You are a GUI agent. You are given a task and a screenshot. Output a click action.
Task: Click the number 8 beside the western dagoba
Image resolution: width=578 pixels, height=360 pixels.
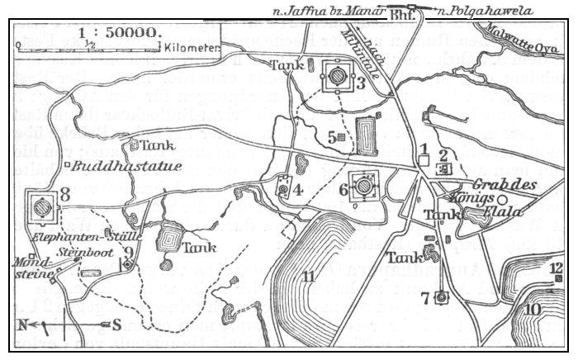pos(65,195)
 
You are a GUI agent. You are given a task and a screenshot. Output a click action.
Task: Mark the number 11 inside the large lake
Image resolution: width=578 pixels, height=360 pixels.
pos(308,277)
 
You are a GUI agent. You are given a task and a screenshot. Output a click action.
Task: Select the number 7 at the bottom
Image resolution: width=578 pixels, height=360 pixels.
pos(424,297)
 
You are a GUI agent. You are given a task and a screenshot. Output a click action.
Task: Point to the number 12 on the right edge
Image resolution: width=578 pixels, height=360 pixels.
pos(557,267)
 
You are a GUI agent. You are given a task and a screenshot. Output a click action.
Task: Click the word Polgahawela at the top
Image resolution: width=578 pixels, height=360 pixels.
pos(496,11)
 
